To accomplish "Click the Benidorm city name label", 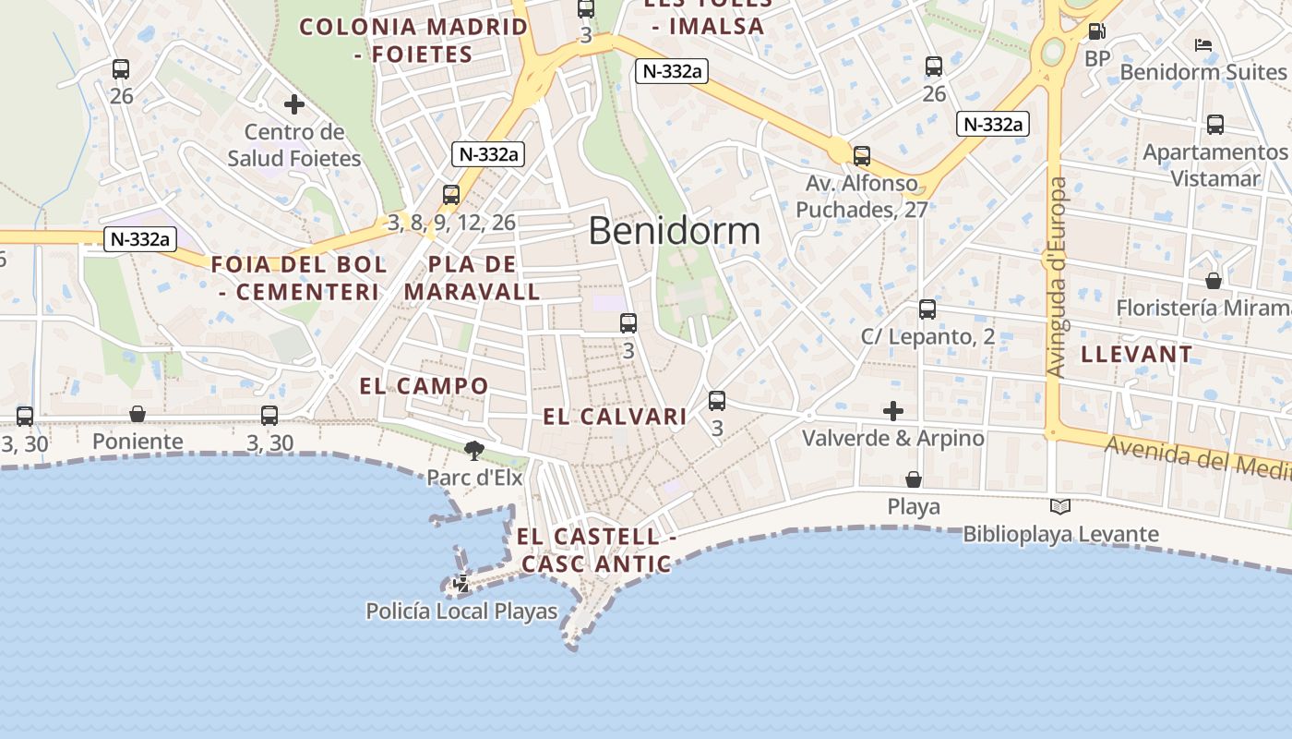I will [x=675, y=231].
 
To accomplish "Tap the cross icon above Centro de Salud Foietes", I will [x=294, y=104].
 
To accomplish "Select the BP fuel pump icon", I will [x=1097, y=31].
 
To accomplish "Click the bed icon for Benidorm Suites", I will [x=1203, y=44].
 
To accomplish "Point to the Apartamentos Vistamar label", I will [x=1215, y=164].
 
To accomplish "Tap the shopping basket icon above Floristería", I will [x=1214, y=280].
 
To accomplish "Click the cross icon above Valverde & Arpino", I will [x=893, y=410].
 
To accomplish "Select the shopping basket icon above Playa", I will [x=914, y=479].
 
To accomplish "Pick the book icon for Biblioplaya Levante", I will [x=1060, y=506].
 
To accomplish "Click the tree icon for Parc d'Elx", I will [x=474, y=451].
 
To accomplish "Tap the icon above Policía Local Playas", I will [x=461, y=584].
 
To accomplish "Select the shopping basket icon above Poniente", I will [x=138, y=414].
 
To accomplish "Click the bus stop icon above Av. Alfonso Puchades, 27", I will [x=862, y=156].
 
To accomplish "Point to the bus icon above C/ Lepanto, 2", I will [x=927, y=309].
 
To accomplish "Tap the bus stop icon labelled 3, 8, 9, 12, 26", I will [x=451, y=195].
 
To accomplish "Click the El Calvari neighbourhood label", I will [x=615, y=417].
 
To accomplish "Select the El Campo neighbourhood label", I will [x=425, y=386].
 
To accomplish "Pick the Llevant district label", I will [x=1137, y=354].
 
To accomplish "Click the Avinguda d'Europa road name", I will [x=1058, y=277].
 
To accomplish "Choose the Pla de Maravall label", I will [x=473, y=278].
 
